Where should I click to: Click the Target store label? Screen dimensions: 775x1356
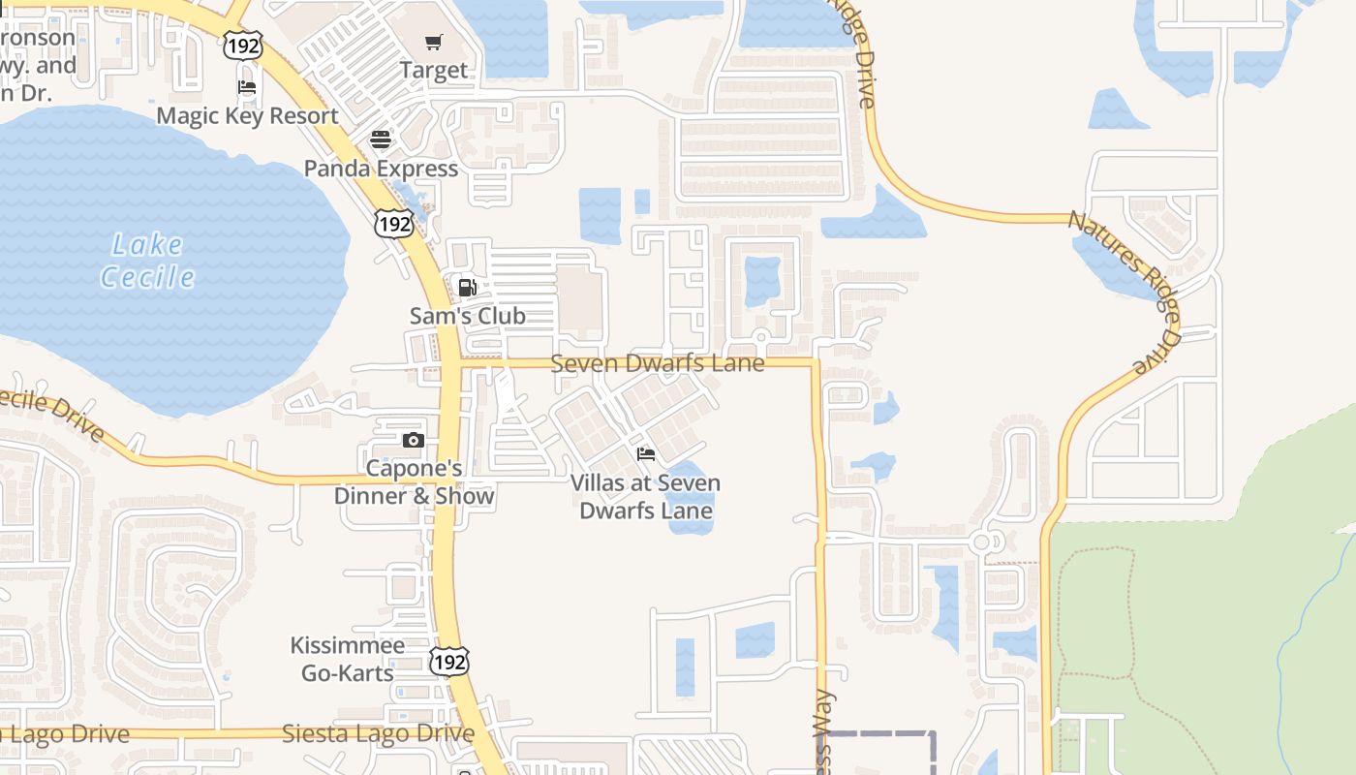434,70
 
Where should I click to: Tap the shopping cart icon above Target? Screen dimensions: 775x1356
434,42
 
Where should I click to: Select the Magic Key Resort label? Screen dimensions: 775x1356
247,115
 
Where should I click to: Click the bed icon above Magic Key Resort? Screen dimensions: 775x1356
247,87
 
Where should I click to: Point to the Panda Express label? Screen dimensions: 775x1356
381,169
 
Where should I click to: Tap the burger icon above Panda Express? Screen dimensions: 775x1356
381,139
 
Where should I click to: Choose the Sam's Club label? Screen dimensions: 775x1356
467,316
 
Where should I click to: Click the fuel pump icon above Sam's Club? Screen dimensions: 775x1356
467,287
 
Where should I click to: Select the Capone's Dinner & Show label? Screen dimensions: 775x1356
414,482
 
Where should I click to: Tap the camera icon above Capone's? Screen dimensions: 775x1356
414,441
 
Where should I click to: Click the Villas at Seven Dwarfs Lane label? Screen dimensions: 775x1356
645,496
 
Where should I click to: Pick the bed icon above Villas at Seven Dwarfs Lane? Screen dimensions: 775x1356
646,454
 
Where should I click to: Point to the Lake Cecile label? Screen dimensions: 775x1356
147,261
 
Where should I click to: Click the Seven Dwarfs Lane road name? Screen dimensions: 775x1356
658,363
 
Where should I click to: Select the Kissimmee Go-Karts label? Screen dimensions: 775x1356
348,659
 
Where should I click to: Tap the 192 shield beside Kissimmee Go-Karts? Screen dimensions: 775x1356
449,661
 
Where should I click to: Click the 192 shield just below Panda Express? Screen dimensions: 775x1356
394,224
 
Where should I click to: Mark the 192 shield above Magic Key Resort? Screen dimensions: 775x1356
242,46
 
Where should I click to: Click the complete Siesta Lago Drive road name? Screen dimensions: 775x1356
378,733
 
